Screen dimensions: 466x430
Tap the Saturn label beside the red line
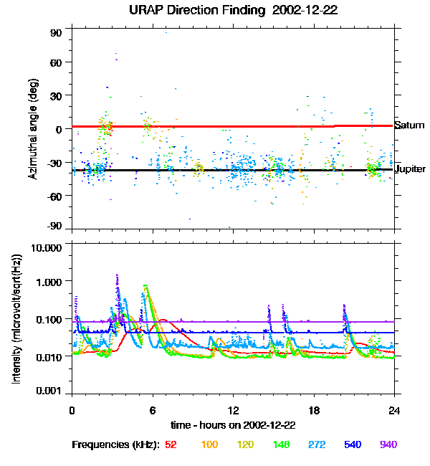click(410, 125)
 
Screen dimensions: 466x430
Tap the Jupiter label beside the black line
click(411, 169)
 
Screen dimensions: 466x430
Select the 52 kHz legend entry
click(171, 444)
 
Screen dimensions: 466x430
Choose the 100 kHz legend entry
click(209, 444)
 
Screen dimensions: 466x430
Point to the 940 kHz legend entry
click(388, 444)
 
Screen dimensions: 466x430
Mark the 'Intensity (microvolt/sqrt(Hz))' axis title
click(16, 319)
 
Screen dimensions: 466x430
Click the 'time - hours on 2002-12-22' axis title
click(233, 424)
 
